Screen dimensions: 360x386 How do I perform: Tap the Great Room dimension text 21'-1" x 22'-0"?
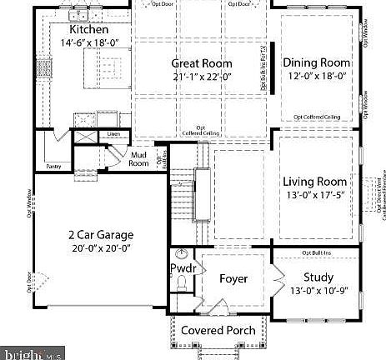click(x=202, y=77)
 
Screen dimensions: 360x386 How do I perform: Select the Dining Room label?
click(x=316, y=62)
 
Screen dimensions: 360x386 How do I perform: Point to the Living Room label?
click(x=314, y=182)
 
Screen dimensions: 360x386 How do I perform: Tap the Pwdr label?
click(x=183, y=268)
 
